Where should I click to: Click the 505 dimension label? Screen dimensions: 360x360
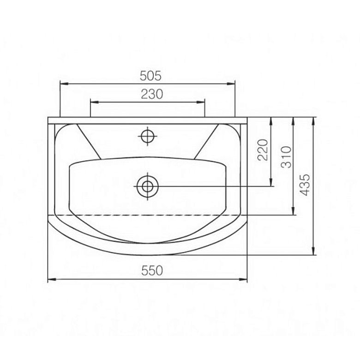[150, 76]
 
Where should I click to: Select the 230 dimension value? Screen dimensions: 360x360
[152, 94]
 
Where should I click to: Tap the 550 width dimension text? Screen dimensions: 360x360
[152, 270]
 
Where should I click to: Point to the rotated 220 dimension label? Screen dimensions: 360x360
[263, 150]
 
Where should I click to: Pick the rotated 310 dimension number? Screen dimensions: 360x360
[286, 157]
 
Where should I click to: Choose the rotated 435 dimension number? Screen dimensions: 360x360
[305, 185]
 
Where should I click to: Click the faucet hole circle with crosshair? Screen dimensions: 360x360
[147, 136]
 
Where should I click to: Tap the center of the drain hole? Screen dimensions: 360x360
[148, 186]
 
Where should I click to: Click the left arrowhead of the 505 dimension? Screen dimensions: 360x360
[64, 84]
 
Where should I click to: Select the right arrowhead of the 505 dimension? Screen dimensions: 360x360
[231, 84]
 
